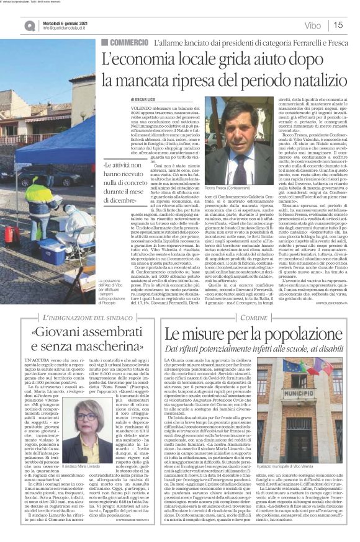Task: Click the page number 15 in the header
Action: click(339, 25)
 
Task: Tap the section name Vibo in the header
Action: click(313, 25)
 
